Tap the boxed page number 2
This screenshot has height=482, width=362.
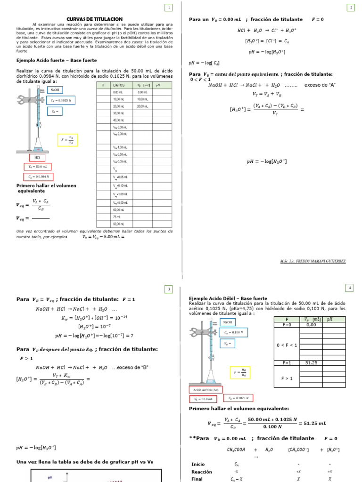coord(351,8)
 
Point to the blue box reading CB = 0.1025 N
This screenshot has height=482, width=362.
coord(61,100)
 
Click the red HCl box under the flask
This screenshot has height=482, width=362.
coord(37,157)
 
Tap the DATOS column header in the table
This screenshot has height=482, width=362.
coord(118,85)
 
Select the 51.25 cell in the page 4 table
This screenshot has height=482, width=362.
coord(311,363)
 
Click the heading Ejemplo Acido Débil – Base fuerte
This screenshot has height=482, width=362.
coord(228,298)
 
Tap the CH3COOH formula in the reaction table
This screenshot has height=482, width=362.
coord(236,450)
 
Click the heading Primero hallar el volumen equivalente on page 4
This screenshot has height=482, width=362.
coord(239,409)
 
